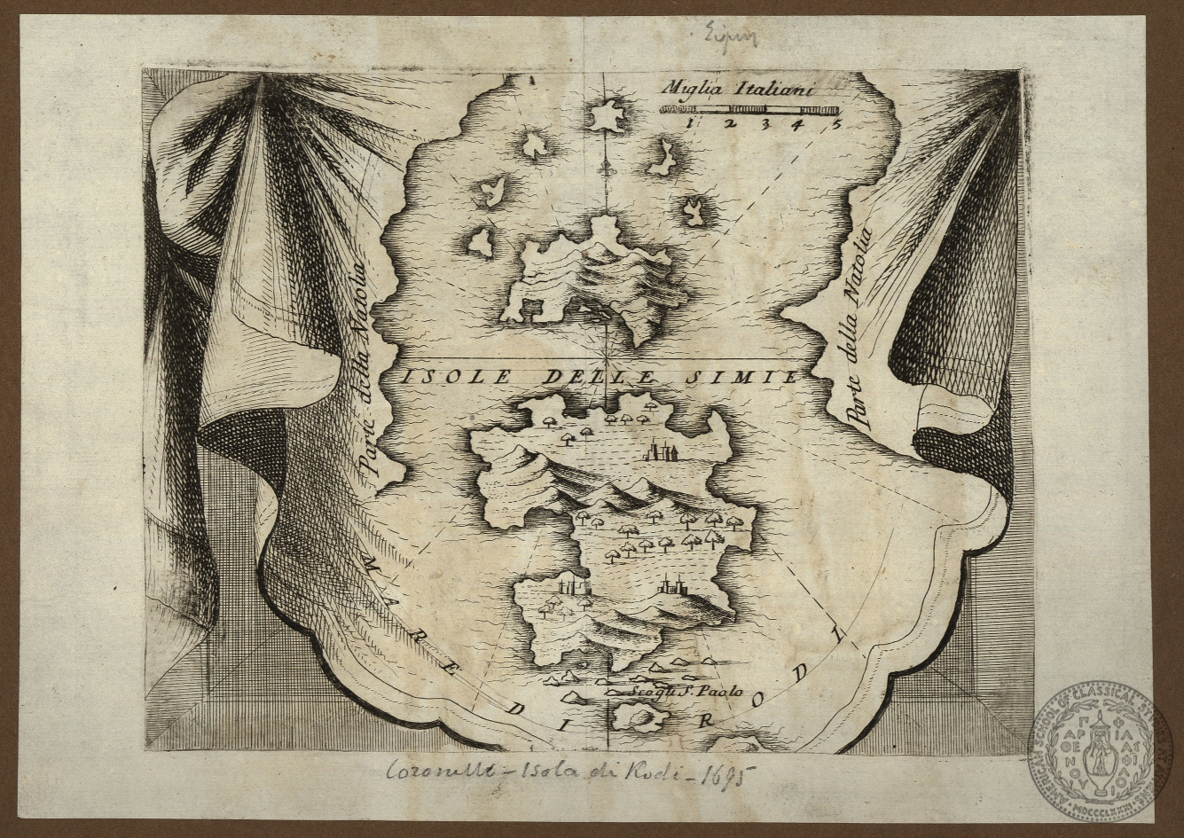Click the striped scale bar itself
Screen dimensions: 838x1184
[749, 109]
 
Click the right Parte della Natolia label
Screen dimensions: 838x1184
[858, 328]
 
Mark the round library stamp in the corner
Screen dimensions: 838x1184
[1101, 751]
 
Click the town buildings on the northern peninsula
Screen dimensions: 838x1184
[662, 452]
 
